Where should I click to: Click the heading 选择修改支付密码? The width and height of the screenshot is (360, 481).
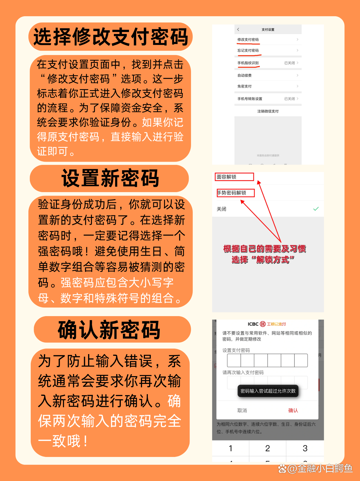[110, 37]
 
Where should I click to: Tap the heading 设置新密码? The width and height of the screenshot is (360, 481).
[110, 178]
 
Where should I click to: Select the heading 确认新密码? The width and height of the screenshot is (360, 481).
[109, 330]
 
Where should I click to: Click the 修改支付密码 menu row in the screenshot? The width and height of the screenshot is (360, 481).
[268, 40]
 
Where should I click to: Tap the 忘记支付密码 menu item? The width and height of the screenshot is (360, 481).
[268, 50]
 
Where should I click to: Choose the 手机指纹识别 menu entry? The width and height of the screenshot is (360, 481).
[268, 63]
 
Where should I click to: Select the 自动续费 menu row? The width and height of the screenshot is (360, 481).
[268, 75]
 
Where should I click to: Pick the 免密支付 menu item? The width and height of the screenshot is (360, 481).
[268, 86]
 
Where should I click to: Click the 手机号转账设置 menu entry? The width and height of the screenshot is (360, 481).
[268, 99]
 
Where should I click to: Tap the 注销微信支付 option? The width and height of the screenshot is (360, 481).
[268, 111]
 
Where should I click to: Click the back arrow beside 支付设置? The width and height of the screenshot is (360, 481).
[238, 30]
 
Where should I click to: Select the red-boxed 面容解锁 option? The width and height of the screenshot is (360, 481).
[234, 177]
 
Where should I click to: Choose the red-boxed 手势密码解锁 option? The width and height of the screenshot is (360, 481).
[236, 193]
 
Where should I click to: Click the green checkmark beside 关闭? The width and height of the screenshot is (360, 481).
[316, 209]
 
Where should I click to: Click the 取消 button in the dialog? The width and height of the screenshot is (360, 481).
[242, 410]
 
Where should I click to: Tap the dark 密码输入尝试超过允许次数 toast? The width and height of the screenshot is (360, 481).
[268, 391]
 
